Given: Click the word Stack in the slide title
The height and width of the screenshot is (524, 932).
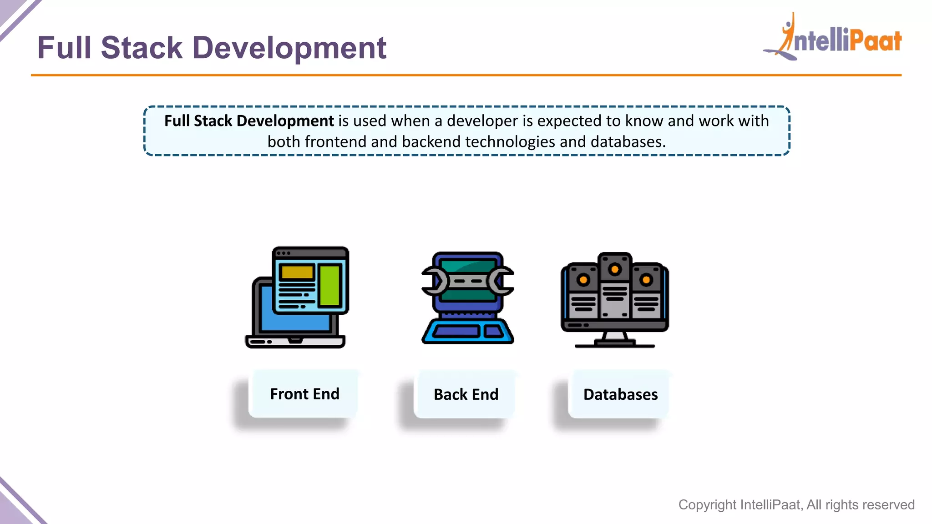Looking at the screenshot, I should coord(142,48).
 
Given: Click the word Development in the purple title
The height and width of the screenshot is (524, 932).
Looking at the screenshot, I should coord(289,48).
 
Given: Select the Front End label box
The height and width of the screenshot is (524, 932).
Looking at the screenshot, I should coord(304,394).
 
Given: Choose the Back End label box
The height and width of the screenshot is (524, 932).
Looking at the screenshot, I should coord(466,394).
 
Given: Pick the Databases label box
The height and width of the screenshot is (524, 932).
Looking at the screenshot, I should coord(620,394).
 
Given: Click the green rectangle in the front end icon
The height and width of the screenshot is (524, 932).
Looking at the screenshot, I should coord(329,285).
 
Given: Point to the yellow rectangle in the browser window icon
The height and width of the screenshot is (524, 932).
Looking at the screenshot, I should coord(297,272).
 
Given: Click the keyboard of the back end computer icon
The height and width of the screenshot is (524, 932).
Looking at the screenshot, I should coord(467,331).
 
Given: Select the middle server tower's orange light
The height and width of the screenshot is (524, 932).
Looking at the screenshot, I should coord(615,269).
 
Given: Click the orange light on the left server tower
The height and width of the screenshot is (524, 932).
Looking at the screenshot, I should coord(583,280).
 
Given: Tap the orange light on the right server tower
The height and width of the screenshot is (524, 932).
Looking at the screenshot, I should coord(646,280).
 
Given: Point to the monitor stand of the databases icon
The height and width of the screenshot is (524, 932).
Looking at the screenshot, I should coord(615,339).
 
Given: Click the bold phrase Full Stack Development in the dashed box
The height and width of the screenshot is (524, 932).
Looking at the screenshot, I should coord(249,121).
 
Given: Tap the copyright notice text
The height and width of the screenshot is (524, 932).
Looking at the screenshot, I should coord(796,504).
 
